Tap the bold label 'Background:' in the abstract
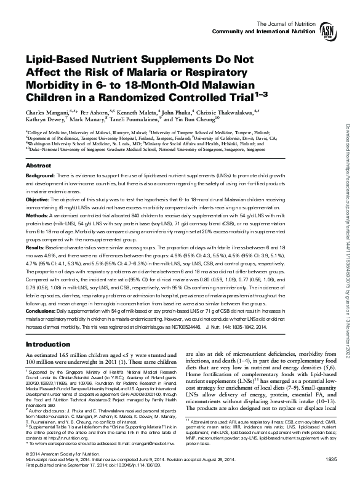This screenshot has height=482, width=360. click(40, 177)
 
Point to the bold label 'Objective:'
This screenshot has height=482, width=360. click(38, 199)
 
